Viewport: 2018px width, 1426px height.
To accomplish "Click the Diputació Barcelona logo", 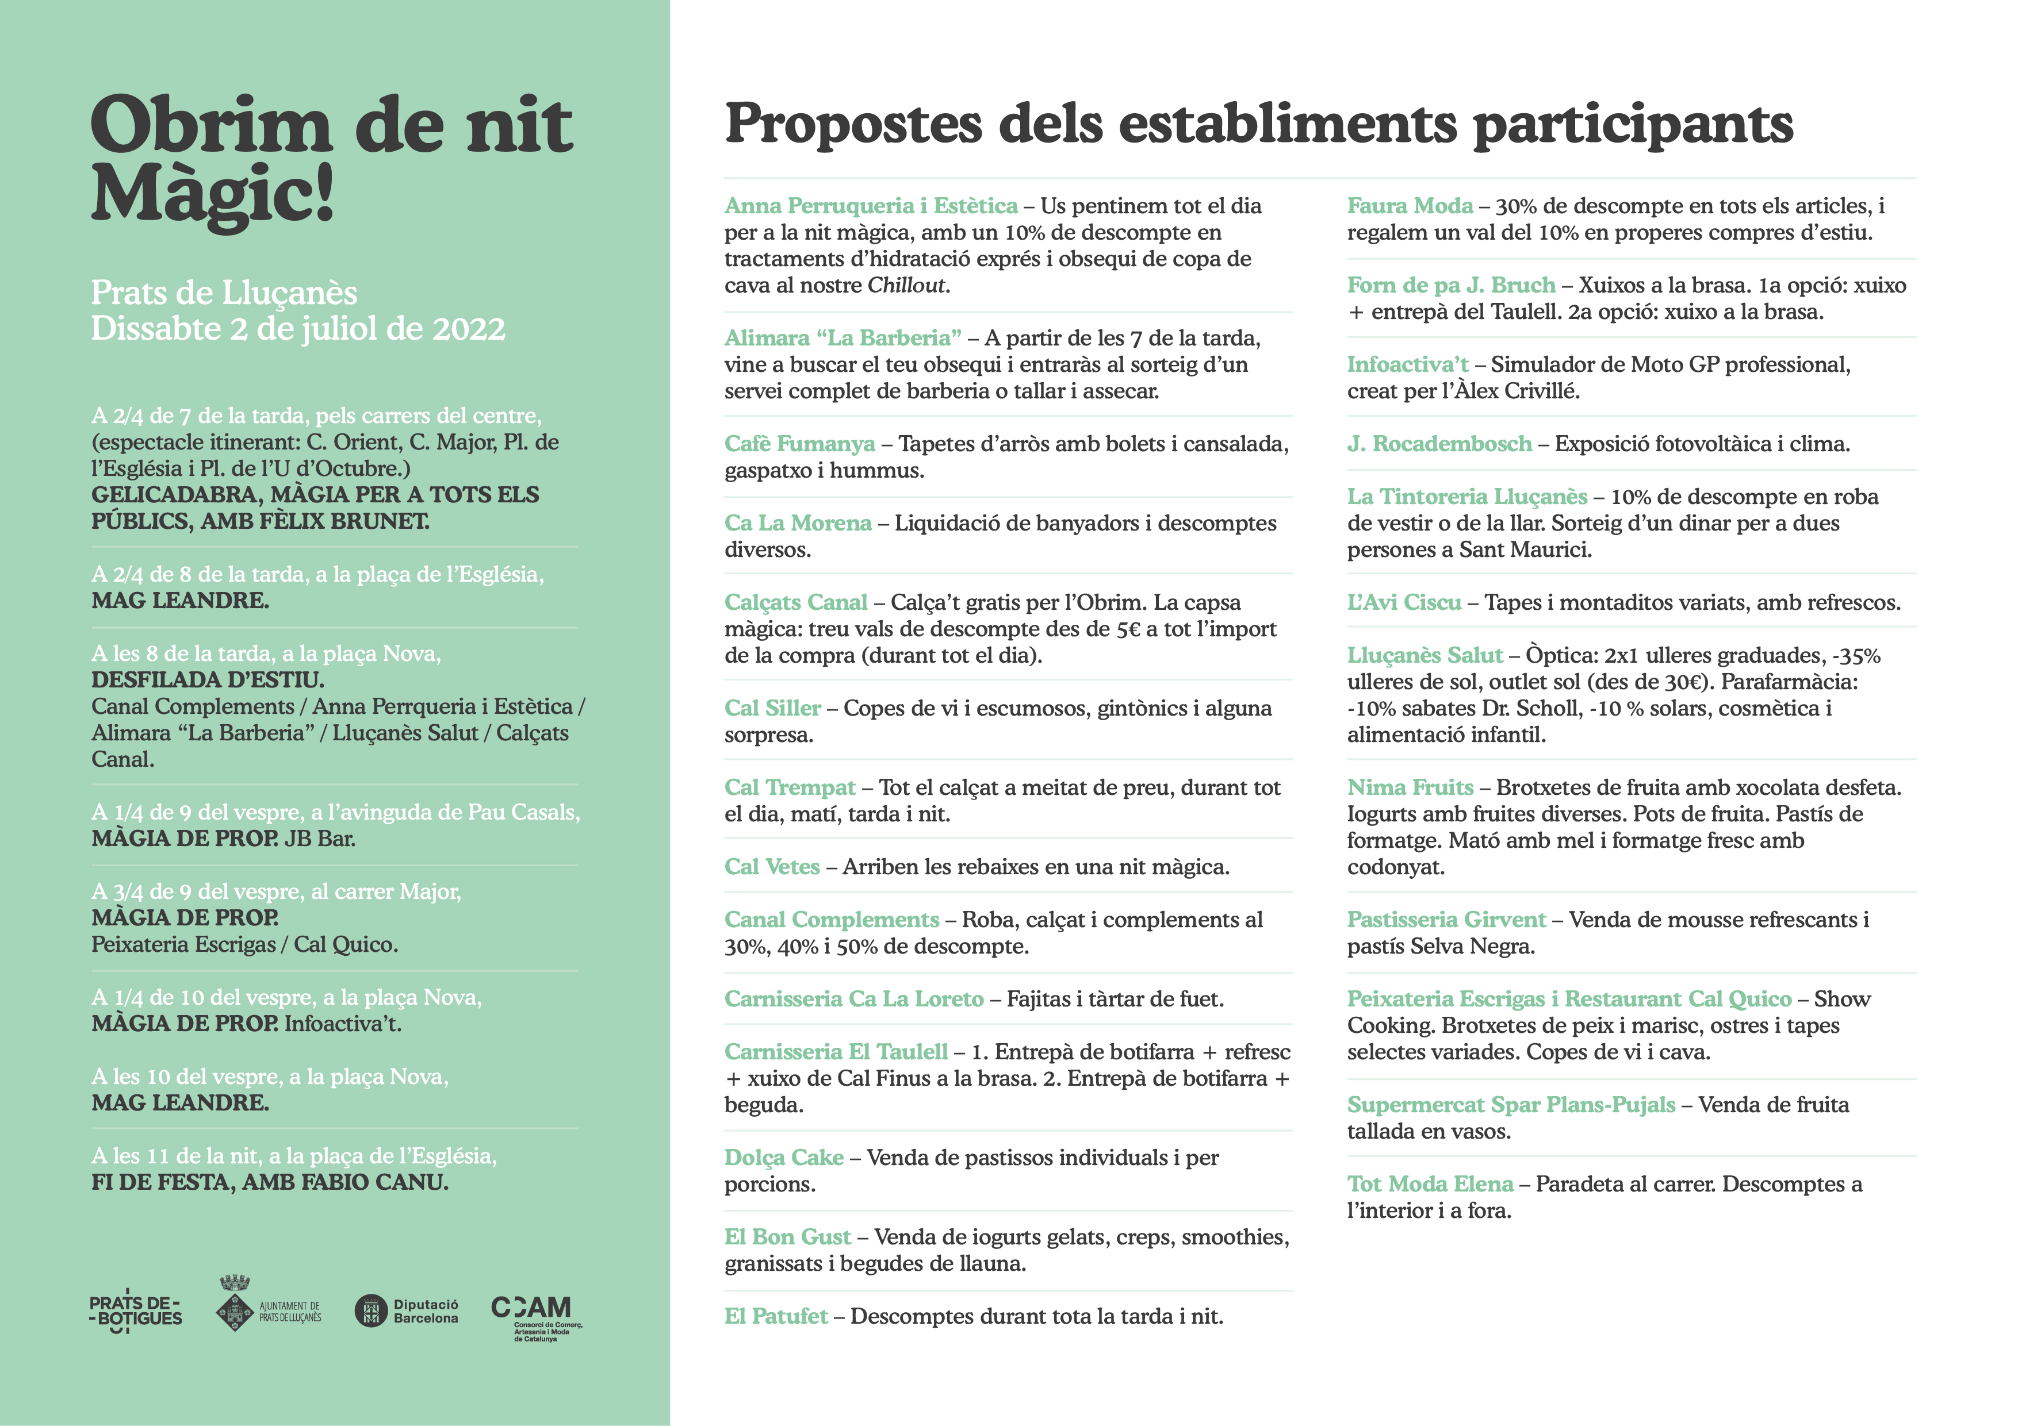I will tap(406, 1311).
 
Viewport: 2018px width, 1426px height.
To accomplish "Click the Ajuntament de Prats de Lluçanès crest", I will tap(235, 1305).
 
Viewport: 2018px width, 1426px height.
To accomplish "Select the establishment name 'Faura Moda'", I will tap(1409, 206).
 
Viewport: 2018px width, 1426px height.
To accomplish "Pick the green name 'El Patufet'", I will tap(775, 1316).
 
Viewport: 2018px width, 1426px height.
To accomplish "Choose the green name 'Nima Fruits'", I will tap(1409, 788).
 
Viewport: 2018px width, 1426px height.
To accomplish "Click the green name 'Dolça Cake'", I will tap(783, 1158).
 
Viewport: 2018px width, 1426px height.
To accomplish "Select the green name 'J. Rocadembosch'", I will tap(1439, 444).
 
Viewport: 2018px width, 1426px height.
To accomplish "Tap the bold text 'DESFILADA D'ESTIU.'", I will tap(208, 680).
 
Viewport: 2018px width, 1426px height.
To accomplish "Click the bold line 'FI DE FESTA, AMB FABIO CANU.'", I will tap(270, 1183).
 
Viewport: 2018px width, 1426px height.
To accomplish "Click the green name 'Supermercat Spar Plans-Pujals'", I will tap(1510, 1105).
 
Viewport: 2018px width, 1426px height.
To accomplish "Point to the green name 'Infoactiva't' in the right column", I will tap(1407, 364).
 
